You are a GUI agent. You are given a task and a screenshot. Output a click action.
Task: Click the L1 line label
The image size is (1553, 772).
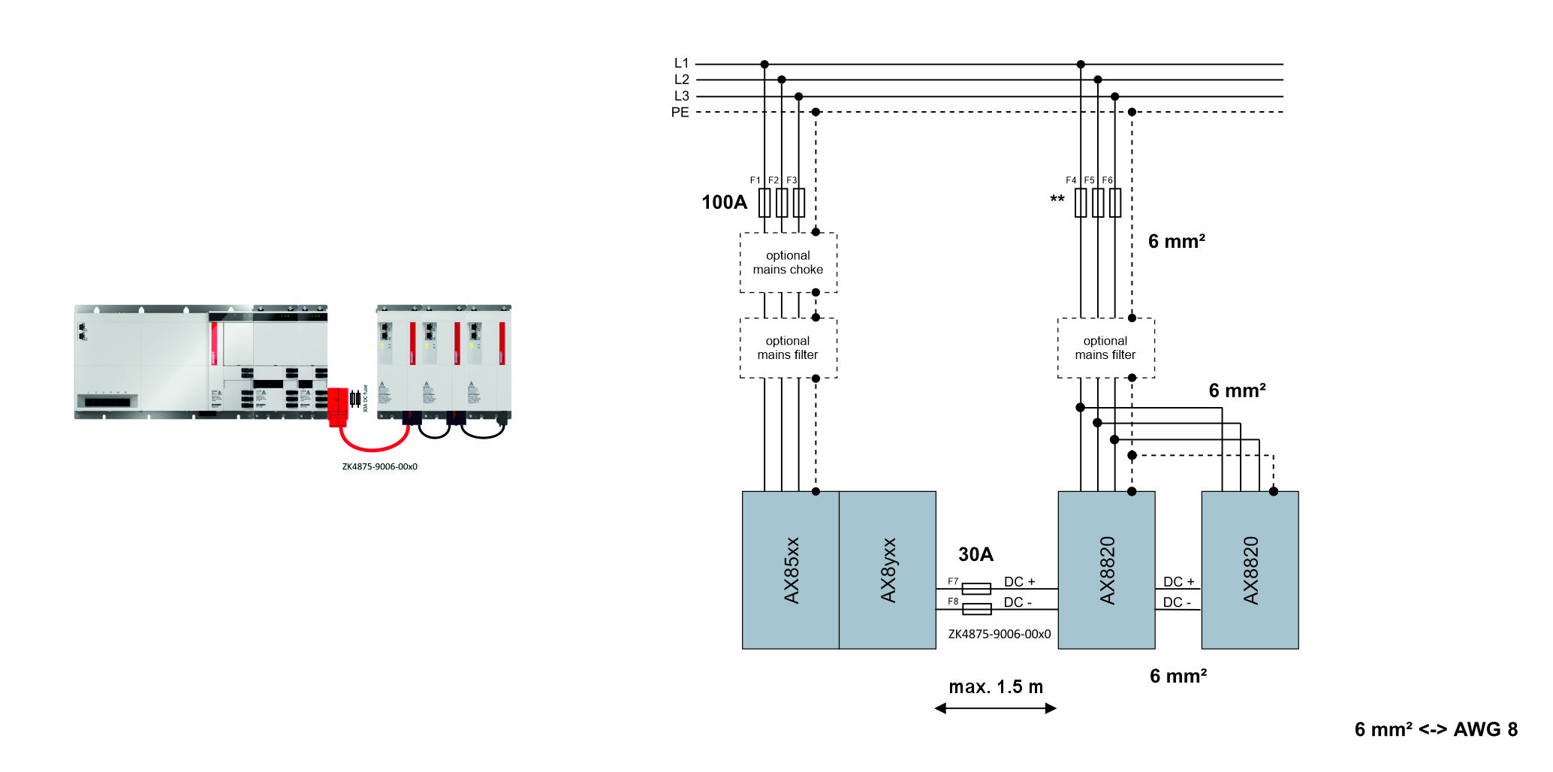tap(681, 63)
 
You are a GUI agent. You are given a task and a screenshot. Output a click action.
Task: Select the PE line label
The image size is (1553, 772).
tap(680, 113)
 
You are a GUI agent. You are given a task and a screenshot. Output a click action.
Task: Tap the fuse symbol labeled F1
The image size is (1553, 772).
tap(764, 203)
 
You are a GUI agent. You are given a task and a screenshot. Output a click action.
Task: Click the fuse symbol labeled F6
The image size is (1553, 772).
tap(1115, 203)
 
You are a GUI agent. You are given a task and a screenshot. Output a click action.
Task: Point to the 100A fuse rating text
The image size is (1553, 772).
tap(724, 202)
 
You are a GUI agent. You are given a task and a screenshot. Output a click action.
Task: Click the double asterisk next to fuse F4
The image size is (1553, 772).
tap(1057, 200)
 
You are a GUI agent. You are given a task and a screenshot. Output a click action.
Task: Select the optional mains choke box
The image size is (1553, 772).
tap(788, 263)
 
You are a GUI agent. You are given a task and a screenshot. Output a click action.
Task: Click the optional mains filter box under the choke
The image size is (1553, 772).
tap(788, 348)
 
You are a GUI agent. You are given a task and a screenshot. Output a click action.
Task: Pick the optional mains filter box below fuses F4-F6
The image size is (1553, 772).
tap(1105, 348)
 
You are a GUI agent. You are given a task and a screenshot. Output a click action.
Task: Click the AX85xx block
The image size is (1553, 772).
tap(791, 570)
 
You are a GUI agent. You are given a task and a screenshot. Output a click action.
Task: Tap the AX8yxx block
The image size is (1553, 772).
tap(888, 570)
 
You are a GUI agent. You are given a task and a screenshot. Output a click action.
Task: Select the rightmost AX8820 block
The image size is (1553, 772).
tap(1250, 570)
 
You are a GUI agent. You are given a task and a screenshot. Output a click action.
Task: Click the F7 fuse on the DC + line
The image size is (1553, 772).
tap(976, 589)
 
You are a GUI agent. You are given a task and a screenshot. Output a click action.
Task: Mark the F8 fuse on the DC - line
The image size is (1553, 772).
tap(976, 609)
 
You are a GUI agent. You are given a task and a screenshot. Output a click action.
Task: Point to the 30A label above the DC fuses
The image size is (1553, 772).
tap(976, 554)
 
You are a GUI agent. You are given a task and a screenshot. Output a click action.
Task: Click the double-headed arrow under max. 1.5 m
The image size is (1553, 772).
tap(995, 708)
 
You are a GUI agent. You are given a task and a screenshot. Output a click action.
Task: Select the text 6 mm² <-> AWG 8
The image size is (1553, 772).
tap(1435, 729)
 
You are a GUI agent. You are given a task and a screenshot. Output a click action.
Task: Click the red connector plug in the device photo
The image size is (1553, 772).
tap(338, 406)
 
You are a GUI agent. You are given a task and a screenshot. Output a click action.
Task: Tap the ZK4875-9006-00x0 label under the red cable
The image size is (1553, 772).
tap(379, 466)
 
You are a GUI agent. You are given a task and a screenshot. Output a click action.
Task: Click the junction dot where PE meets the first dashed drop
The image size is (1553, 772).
tap(816, 112)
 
